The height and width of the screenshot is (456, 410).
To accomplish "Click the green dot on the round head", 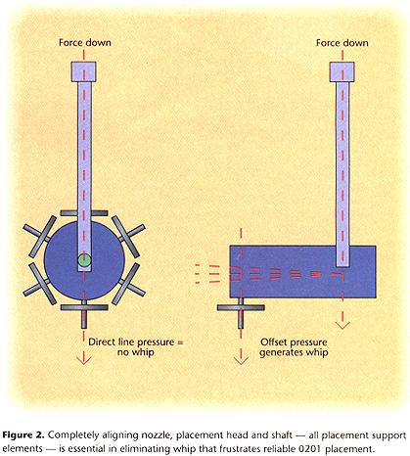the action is coord(84,260).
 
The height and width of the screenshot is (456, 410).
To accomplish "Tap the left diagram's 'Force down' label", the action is coord(85,42).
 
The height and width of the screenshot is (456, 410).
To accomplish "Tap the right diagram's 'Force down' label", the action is coord(342,43).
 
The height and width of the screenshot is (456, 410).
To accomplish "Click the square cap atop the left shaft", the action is coord(84,71).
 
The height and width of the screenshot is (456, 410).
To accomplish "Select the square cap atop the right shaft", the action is coord(342,71).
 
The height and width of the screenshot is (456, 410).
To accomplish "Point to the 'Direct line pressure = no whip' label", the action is coord(136,347).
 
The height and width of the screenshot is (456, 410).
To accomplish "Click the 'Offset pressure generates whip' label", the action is coord(294,347).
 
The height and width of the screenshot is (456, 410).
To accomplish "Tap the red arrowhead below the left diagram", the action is coord(84,360).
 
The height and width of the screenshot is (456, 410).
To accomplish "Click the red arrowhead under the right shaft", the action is coord(342,325).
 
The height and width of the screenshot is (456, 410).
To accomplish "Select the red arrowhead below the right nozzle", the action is coord(241,360).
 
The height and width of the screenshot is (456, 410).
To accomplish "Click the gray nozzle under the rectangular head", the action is coord(241,311).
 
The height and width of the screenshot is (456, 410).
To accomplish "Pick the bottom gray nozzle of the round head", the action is coord(84,312).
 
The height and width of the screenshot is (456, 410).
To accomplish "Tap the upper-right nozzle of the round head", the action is coord(128,237).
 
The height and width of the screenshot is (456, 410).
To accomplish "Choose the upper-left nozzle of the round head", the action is coord(40,237).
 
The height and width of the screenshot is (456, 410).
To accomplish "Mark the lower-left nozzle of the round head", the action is coord(40,284).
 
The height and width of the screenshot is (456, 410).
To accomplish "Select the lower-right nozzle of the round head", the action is coord(128,284).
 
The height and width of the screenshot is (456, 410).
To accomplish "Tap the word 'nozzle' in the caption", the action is coord(153,435).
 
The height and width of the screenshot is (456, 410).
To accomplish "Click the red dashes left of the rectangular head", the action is coord(207,274).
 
